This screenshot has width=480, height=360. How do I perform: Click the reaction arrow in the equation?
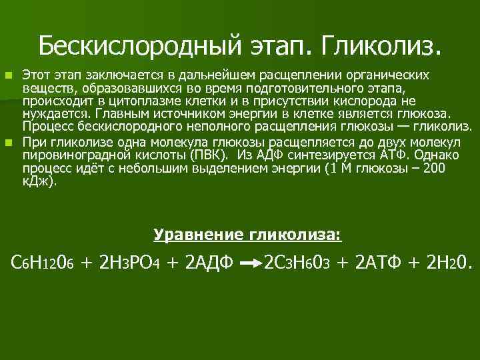(x=250, y=265)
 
